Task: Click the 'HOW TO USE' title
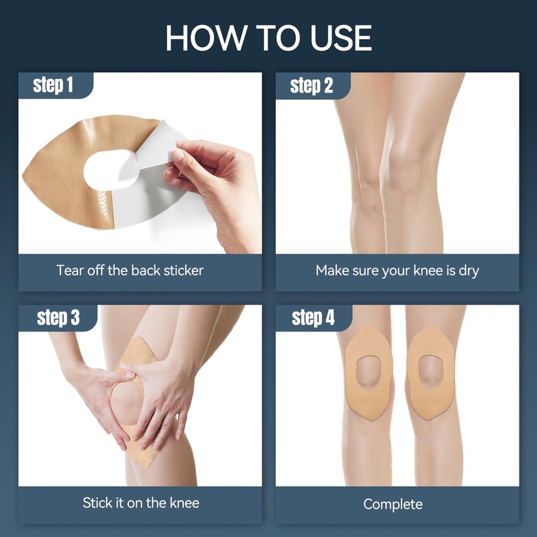pyautogui.click(x=269, y=38)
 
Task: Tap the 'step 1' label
pyautogui.click(x=53, y=85)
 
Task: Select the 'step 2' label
pyautogui.click(x=311, y=85)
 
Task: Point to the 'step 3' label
pyautogui.click(x=58, y=318)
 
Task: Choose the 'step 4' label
pyautogui.click(x=313, y=318)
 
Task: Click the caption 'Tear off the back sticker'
pyautogui.click(x=130, y=271)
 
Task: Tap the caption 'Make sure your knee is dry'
pyautogui.click(x=397, y=271)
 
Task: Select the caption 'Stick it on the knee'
pyautogui.click(x=141, y=503)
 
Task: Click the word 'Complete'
pyautogui.click(x=393, y=505)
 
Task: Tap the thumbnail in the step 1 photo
pyautogui.click(x=177, y=155)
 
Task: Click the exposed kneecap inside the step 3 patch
pyautogui.click(x=126, y=402)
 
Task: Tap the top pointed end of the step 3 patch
pyautogui.click(x=141, y=338)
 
